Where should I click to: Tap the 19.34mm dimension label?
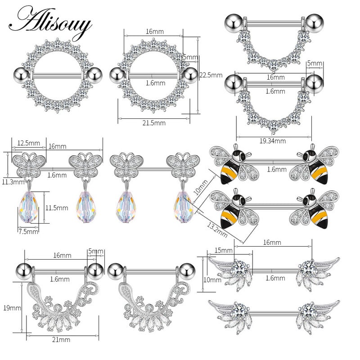273,140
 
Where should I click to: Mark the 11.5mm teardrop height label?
56,208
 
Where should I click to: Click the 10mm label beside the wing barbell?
207,280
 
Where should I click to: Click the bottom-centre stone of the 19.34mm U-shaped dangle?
273,131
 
